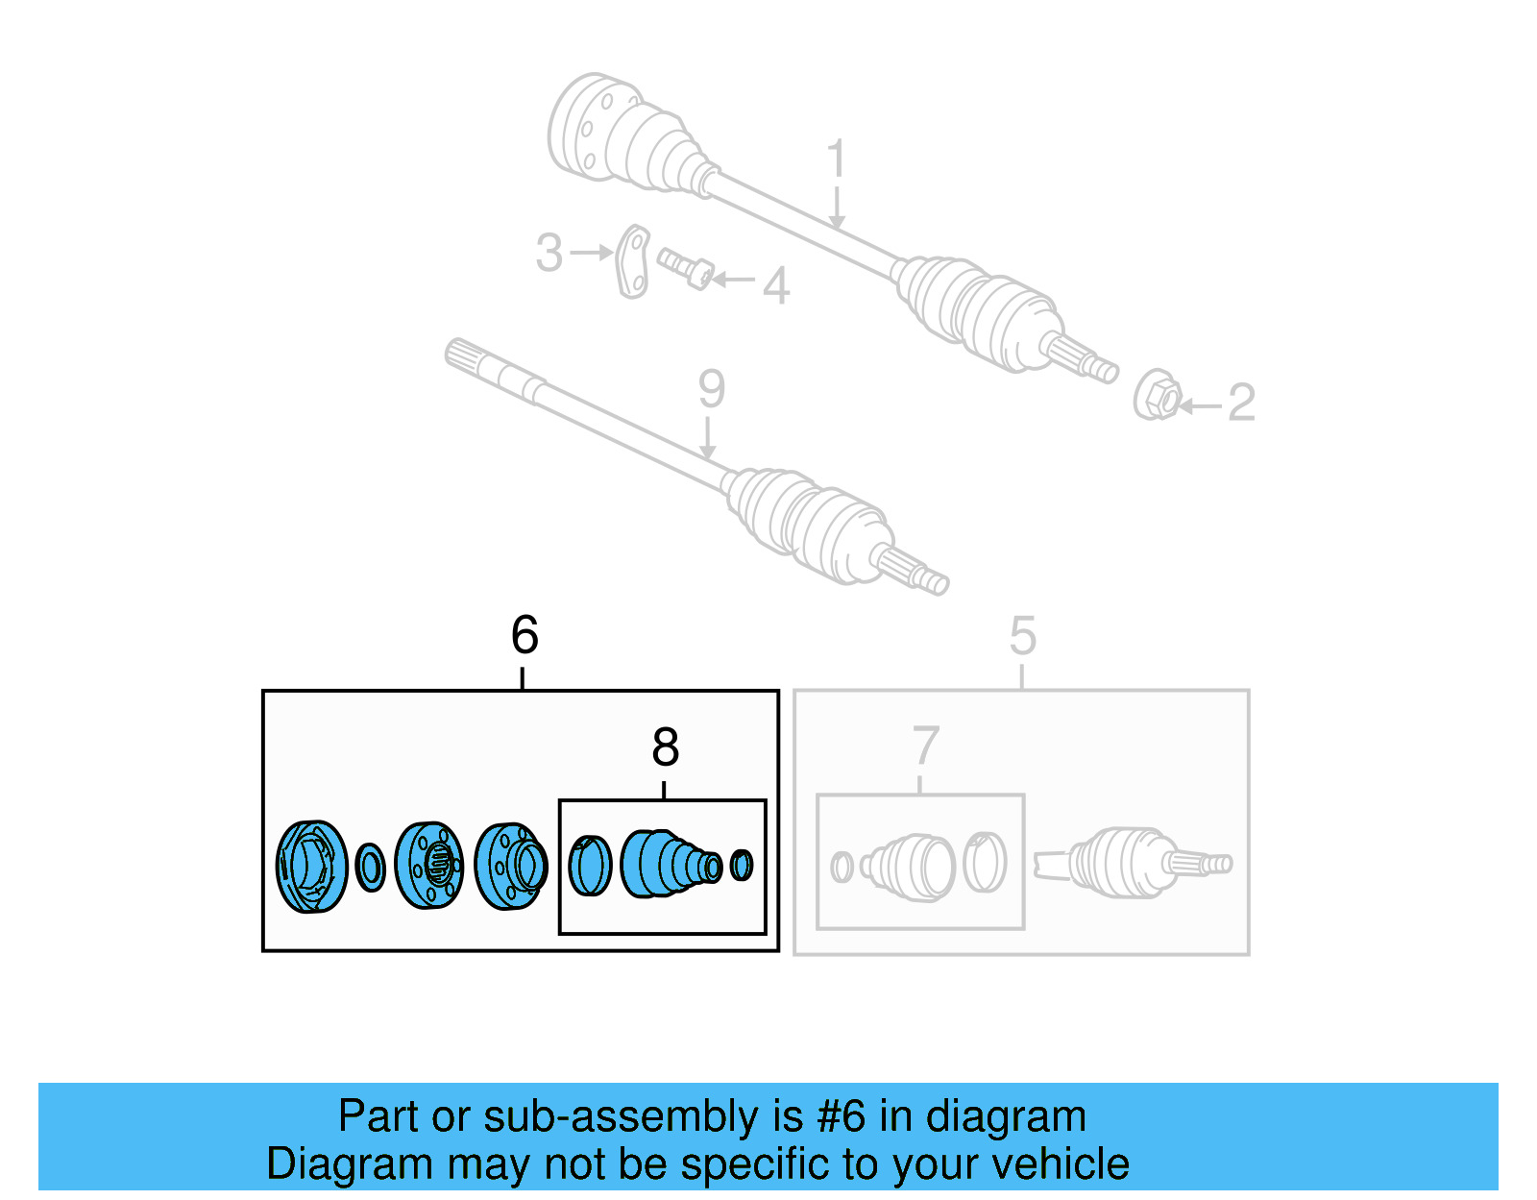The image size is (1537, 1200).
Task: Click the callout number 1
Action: (836, 159)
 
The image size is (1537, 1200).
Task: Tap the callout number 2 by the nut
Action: (1241, 403)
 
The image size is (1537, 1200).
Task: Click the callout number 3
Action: (549, 253)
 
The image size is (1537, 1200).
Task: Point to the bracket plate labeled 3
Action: (632, 261)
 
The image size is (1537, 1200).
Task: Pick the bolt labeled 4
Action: (685, 267)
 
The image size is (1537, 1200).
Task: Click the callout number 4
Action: (776, 285)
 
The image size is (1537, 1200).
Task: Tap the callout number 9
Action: (711, 389)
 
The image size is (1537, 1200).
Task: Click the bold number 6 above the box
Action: (525, 635)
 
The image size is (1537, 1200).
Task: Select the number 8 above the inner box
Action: (665, 747)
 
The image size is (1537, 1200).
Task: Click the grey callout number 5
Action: (1022, 636)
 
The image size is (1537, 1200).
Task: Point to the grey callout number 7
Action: (924, 747)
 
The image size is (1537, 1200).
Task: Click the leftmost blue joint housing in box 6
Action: (311, 867)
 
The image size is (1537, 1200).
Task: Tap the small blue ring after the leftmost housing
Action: (370, 868)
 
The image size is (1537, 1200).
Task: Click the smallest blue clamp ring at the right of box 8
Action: (741, 865)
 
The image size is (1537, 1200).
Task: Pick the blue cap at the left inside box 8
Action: (590, 866)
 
